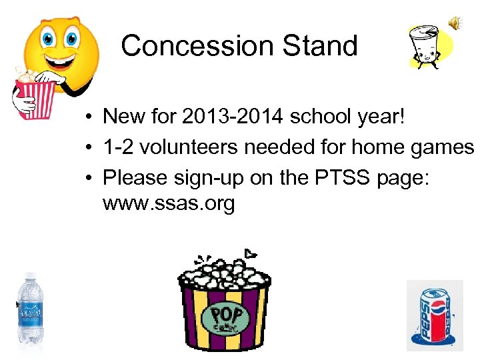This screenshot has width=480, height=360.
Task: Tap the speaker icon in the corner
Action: [455, 23]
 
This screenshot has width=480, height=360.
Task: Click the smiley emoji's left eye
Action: [48, 38]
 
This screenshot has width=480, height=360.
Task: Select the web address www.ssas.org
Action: [169, 204]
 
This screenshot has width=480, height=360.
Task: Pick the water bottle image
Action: [30, 308]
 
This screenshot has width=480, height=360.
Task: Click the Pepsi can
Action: [434, 317]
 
